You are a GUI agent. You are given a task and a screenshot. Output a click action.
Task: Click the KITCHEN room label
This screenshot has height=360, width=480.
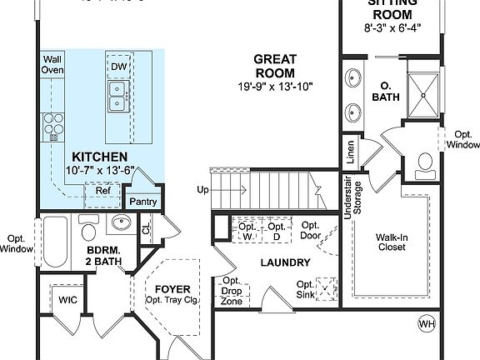click(x=99, y=157)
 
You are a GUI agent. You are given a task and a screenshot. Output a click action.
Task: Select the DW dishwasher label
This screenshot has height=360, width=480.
click(x=119, y=66)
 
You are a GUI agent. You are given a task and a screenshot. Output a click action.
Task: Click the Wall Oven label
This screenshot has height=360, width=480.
click(x=53, y=65)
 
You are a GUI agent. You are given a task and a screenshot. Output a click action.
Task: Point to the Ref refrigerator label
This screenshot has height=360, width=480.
click(x=102, y=191)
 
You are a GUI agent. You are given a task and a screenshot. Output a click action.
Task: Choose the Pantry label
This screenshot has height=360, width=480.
click(x=143, y=201)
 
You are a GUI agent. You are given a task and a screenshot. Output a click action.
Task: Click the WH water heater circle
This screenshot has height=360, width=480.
click(x=426, y=323)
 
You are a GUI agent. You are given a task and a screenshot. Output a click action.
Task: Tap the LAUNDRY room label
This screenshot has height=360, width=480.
click(x=285, y=262)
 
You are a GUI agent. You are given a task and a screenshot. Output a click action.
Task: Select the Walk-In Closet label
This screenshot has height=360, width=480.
click(x=391, y=241)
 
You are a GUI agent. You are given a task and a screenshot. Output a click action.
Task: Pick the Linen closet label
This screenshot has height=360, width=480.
click(x=351, y=152)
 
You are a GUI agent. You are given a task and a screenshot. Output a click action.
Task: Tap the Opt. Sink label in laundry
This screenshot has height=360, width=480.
click(x=306, y=288)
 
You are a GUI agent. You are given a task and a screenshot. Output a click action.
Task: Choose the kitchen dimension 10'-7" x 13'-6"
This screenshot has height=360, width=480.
click(x=99, y=172)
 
